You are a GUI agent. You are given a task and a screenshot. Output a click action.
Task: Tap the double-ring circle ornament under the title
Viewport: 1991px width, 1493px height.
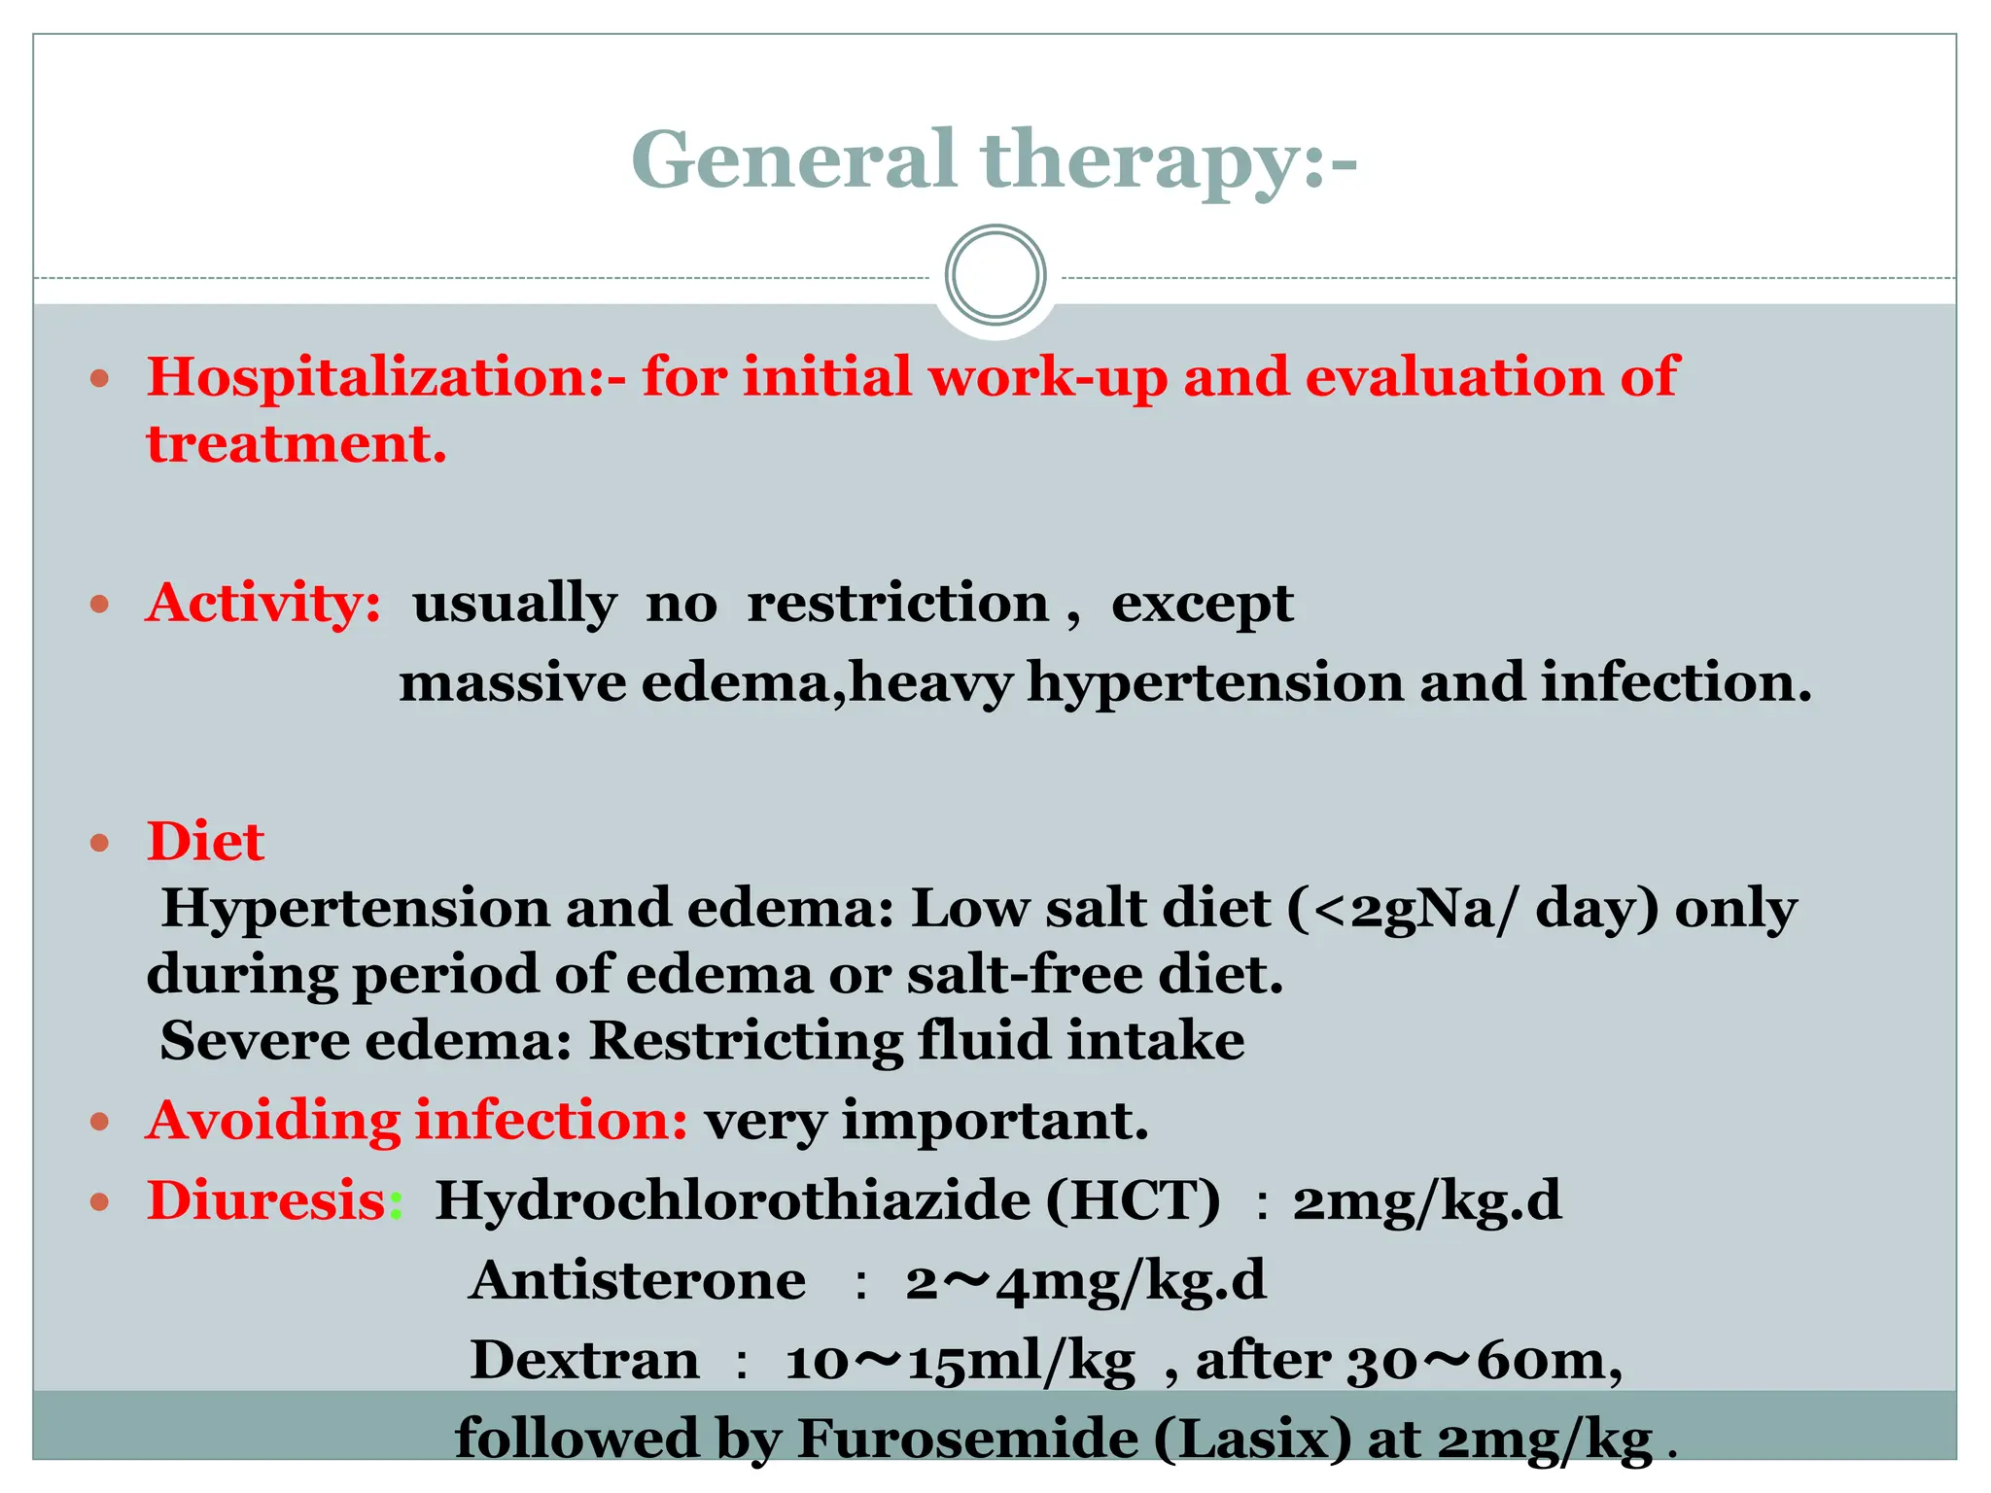tap(995, 275)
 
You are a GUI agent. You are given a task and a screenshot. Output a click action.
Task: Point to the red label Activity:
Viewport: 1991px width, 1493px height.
tap(263, 604)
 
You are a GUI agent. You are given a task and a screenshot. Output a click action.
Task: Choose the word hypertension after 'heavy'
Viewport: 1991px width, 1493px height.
tap(1215, 683)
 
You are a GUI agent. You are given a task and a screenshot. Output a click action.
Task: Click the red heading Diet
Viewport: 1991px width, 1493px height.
tap(205, 842)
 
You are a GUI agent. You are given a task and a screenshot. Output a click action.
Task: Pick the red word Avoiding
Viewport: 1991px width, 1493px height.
tap(273, 1121)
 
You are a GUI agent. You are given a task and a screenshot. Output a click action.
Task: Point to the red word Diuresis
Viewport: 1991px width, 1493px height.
tap(267, 1200)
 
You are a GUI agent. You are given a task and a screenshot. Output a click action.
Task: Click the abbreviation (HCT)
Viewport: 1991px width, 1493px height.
tap(1133, 1200)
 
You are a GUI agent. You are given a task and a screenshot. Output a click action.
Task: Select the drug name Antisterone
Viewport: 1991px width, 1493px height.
tap(637, 1280)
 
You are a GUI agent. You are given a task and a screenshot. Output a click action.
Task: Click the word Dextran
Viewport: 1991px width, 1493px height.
tap(584, 1360)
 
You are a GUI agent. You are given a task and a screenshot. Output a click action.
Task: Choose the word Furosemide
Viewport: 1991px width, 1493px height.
tap(967, 1440)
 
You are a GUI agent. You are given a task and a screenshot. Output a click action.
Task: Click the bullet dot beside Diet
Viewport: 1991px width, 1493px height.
tap(99, 842)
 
